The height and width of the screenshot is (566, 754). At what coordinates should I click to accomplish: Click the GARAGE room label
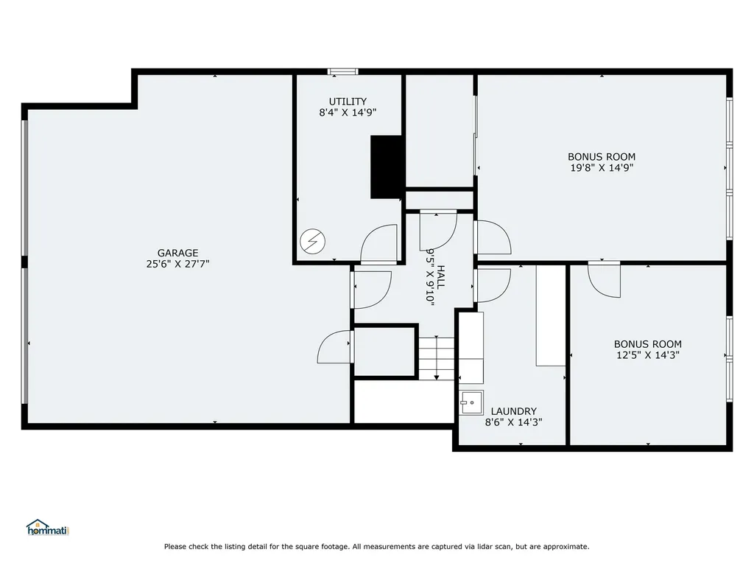click(178, 253)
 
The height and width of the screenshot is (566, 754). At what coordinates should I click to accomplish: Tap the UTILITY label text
click(348, 102)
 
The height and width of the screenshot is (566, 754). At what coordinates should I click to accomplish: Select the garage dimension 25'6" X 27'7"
click(178, 264)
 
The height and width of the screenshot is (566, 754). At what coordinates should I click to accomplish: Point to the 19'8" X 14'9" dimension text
click(602, 167)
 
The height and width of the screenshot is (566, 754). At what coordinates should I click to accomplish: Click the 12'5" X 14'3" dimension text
click(648, 355)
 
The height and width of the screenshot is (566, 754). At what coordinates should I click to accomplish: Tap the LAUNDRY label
click(513, 411)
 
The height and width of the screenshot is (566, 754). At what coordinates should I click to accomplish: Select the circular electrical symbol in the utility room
click(312, 241)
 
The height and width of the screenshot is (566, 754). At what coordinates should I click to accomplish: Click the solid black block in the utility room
click(386, 167)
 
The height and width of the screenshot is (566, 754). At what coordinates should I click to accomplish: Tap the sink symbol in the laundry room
click(471, 402)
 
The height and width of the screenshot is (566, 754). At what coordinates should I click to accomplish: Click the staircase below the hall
click(436, 358)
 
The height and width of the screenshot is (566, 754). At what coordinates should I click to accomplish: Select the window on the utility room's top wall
click(343, 71)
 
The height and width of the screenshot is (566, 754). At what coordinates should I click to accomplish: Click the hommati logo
click(48, 528)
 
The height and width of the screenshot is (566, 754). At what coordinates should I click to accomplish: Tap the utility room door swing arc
click(378, 244)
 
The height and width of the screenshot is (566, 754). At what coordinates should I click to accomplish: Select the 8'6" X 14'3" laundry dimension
click(513, 422)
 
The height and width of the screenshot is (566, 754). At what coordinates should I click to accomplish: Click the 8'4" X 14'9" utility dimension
click(348, 113)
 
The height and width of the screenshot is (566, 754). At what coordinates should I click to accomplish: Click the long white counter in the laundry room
click(551, 315)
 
